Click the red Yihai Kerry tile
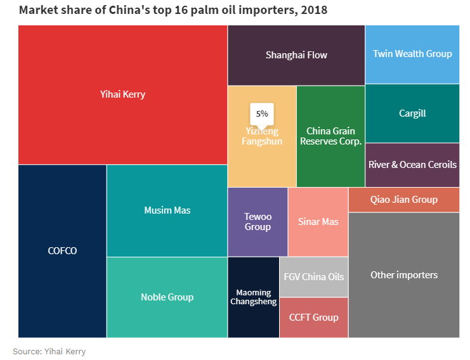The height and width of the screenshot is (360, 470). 122,95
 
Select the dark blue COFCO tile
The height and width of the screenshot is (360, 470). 62,251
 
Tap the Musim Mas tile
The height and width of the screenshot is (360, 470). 167,210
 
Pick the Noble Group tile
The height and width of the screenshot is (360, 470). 167,297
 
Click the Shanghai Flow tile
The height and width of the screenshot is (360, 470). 296,55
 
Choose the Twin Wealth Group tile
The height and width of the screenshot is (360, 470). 412,54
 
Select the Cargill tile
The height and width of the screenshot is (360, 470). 412,114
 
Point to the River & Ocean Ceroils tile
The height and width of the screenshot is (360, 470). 412,165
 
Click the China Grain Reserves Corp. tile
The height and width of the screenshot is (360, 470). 330,136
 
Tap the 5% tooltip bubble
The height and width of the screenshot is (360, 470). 262,113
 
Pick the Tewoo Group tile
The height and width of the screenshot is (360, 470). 258,222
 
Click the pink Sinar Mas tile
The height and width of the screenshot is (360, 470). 318,222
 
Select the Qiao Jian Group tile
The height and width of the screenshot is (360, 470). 403,200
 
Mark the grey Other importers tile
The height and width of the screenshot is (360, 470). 403,275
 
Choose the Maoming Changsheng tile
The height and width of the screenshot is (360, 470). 253,297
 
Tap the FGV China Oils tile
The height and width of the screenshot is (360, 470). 313,277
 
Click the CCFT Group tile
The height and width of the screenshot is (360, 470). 313,318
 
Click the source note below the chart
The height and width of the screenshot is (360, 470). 49,351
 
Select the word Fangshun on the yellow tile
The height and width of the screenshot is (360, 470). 262,142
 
